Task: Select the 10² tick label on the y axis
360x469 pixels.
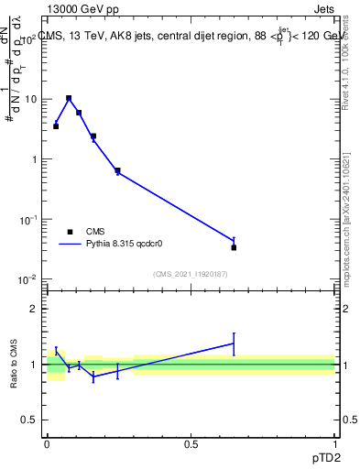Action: tap(29, 40)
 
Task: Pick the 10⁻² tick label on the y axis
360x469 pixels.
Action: tap(29, 279)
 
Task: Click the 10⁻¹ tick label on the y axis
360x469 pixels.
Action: tap(29, 220)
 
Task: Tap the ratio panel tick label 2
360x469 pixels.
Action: tap(34, 309)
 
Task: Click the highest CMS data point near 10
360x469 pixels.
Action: tap(69, 98)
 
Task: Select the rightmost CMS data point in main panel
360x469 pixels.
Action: tap(234, 247)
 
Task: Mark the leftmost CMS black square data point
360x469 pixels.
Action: tap(56, 126)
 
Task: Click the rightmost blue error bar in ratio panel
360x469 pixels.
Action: tap(234, 344)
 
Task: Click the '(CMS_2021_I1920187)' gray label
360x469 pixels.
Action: tap(191, 273)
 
